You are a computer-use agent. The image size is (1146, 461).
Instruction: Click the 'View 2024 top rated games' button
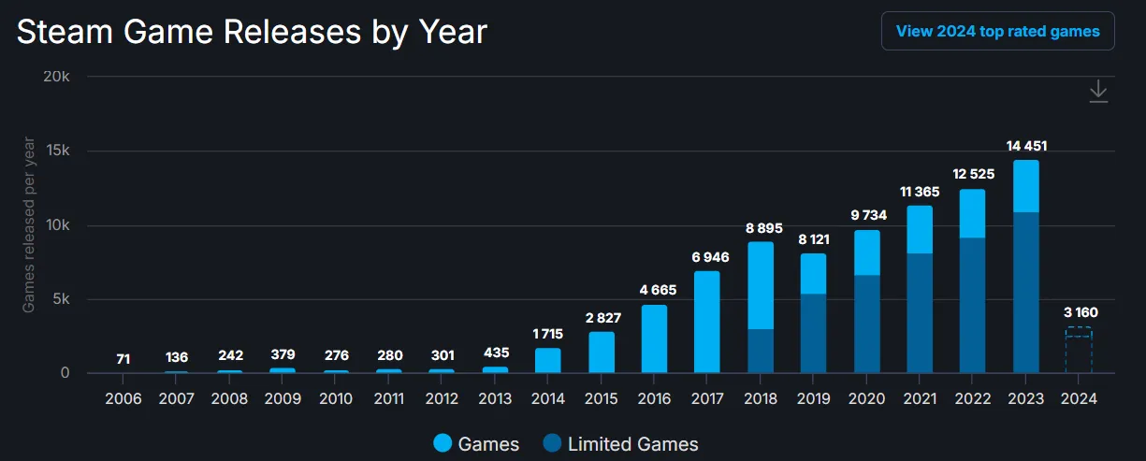[997, 31]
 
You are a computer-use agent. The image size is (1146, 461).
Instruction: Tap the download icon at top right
[1098, 92]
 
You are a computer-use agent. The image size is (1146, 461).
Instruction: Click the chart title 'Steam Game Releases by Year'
[252, 32]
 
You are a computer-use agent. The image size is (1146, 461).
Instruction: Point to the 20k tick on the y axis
[58, 77]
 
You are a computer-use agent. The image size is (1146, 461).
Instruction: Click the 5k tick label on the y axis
[60, 299]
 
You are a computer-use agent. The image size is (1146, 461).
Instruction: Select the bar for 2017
[706, 323]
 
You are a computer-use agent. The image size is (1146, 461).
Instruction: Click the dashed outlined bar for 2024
[1078, 351]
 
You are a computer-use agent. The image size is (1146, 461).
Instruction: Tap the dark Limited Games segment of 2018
[760, 352]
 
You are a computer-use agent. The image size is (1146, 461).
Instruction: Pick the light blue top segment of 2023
[1025, 186]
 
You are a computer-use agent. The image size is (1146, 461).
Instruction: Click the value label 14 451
[1025, 145]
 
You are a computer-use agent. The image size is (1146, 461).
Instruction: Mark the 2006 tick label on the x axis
[123, 398]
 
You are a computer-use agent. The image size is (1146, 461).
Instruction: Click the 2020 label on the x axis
[866, 398]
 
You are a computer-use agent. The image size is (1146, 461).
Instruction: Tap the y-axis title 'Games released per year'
[29, 224]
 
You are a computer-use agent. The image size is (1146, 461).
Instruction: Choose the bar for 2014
[547, 361]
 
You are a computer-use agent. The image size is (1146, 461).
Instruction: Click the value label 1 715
[547, 334]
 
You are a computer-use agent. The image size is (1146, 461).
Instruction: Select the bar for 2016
[654, 339]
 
